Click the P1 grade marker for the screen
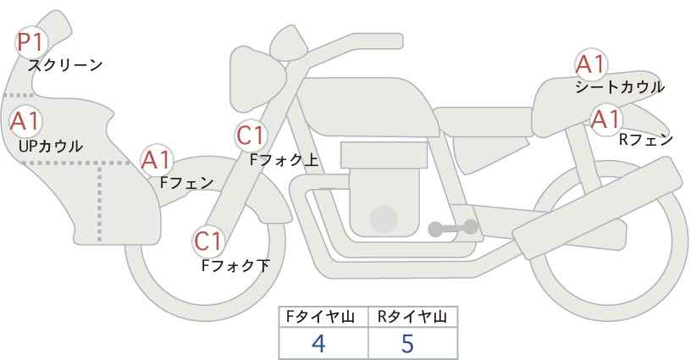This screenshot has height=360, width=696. tap(30, 42)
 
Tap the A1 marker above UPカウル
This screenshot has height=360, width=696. tap(25, 121)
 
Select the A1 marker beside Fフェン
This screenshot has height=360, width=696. tap(157, 160)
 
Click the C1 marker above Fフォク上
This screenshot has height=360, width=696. tap(251, 136)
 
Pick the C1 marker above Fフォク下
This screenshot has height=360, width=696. tap(207, 241)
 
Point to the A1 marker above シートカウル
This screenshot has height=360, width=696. tap(591, 64)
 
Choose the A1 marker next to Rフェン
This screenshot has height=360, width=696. tap(606, 119)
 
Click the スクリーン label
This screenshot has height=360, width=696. tap(65, 66)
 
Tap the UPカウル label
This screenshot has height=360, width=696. tap(50, 146)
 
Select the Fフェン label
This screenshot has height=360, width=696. tap(187, 182)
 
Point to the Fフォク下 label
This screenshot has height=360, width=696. tap(235, 265)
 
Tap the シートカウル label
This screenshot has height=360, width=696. tap(620, 86)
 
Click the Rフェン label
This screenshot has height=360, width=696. tap(646, 140)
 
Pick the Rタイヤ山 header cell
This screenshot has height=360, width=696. tap(413, 317)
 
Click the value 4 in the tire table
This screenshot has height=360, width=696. tap(318, 343)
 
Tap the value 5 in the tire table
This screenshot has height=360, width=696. tap(407, 343)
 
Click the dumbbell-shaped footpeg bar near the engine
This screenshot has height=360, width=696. tap(453, 228)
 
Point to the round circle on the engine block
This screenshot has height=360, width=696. tap(384, 219)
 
